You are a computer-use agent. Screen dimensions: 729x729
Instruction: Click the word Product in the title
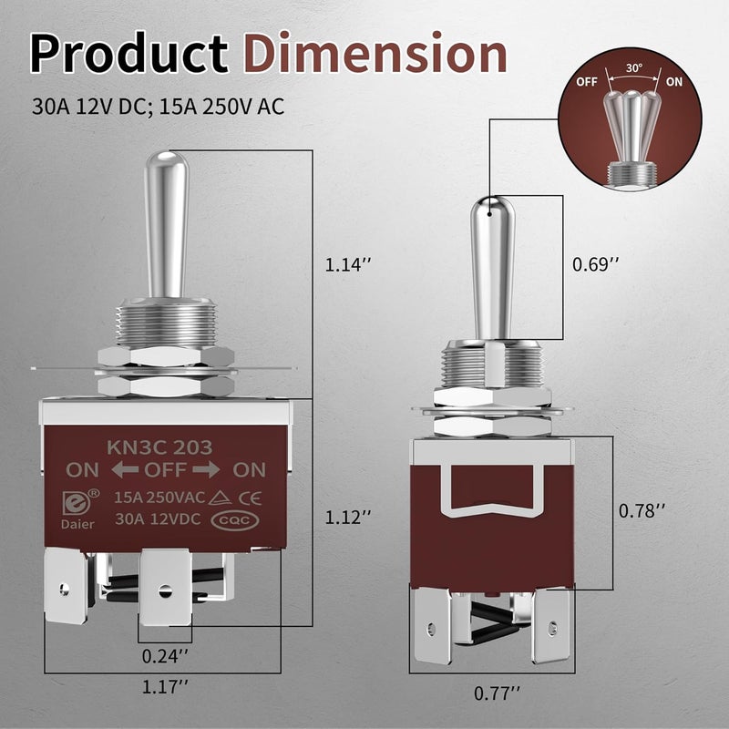[x=128, y=55]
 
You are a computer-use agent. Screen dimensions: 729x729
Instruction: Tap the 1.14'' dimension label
[x=349, y=265]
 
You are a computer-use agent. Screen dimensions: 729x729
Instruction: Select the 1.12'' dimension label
[x=349, y=516]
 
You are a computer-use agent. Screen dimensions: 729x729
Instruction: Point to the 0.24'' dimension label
[x=166, y=655]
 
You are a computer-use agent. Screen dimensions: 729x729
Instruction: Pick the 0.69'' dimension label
[x=596, y=264]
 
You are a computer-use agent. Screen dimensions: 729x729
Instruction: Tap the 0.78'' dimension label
[x=642, y=510]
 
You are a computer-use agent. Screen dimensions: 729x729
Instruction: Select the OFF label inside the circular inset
[x=588, y=80]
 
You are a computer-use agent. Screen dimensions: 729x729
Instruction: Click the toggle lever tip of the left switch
[x=169, y=164]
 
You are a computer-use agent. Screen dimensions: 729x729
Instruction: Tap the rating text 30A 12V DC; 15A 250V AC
[x=157, y=107]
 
